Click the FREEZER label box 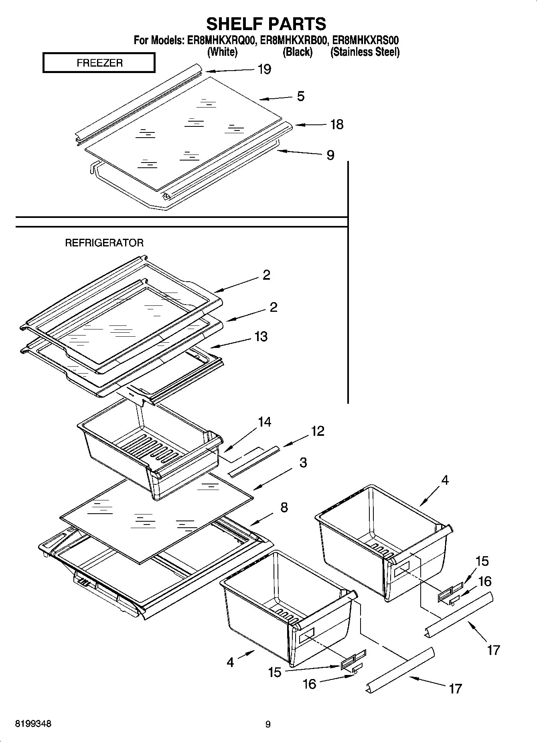coord(99,63)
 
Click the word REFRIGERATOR coord(104,243)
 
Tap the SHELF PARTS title coord(266,24)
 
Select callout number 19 coord(264,69)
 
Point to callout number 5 coord(301,96)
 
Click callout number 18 coord(336,124)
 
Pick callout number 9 coord(330,155)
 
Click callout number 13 coord(261,336)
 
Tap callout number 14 coord(264,422)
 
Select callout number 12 coord(317,431)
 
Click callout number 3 coord(303,462)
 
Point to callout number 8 coord(284,507)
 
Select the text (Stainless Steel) coord(365,52)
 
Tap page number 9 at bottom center coord(268,724)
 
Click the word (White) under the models coord(222,52)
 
